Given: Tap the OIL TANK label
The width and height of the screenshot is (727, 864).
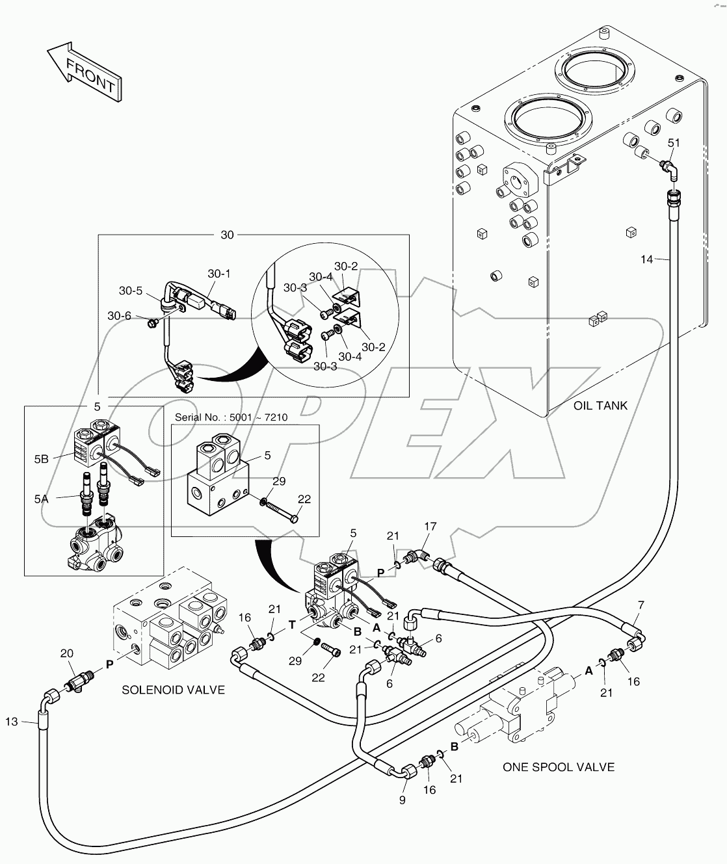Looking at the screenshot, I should point(600,406).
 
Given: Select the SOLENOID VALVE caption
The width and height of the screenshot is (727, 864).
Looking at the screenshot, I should point(173,690).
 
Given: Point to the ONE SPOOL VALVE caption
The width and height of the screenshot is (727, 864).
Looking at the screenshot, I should point(558,767).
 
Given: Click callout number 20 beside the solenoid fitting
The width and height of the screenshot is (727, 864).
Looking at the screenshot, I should point(66,653).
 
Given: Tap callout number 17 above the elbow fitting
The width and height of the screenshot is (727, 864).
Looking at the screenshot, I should point(430,527).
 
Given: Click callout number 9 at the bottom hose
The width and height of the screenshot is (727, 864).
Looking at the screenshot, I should point(402,800).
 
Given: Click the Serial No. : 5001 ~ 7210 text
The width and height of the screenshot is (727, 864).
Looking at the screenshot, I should point(231,417).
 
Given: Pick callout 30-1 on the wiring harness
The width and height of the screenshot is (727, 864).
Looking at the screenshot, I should point(219,274).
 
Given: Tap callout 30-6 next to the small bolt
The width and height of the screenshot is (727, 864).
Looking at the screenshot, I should point(119,316).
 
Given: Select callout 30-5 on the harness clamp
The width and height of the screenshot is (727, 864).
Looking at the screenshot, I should point(130,291).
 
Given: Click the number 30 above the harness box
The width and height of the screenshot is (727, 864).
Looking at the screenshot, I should point(227,235).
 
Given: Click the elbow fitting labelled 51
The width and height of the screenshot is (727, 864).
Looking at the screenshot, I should point(669,168).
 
